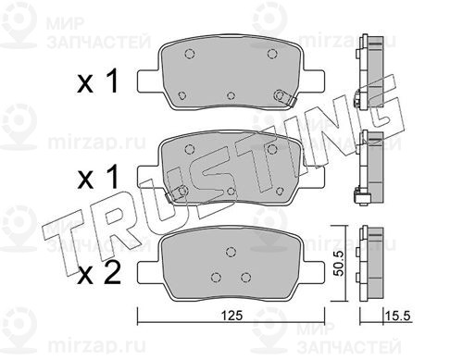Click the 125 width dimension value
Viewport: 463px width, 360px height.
click(231, 316)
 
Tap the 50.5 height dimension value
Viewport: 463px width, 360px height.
click(339, 264)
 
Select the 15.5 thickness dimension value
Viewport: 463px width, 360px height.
click(398, 316)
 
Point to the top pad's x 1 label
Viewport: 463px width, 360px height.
click(97, 81)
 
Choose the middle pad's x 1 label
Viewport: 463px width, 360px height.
click(97, 177)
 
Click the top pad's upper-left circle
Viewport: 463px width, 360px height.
click(189, 54)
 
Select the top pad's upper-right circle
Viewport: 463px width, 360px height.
click(272, 54)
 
